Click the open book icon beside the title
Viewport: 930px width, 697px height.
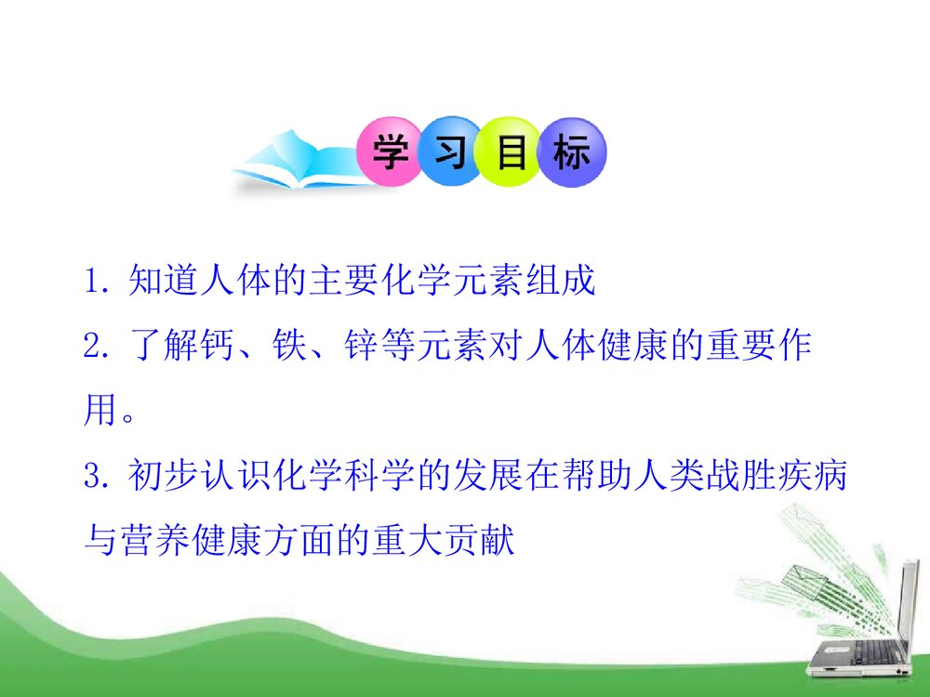(x=288, y=163)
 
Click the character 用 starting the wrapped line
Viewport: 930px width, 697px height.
(x=100, y=409)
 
